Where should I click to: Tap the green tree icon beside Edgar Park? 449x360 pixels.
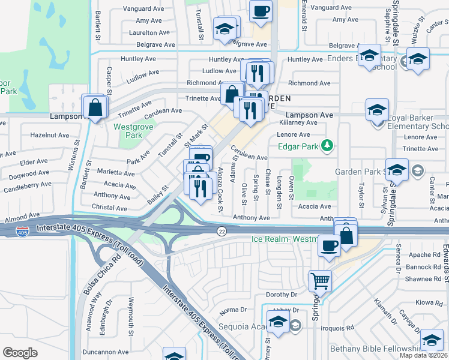[327, 145]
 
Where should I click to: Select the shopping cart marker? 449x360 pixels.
[320, 280]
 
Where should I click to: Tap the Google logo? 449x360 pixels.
[20, 353]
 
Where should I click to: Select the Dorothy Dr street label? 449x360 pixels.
[282, 295]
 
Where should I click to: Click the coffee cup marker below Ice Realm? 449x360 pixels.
[328, 246]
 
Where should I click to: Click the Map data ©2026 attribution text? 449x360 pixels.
[423, 355]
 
